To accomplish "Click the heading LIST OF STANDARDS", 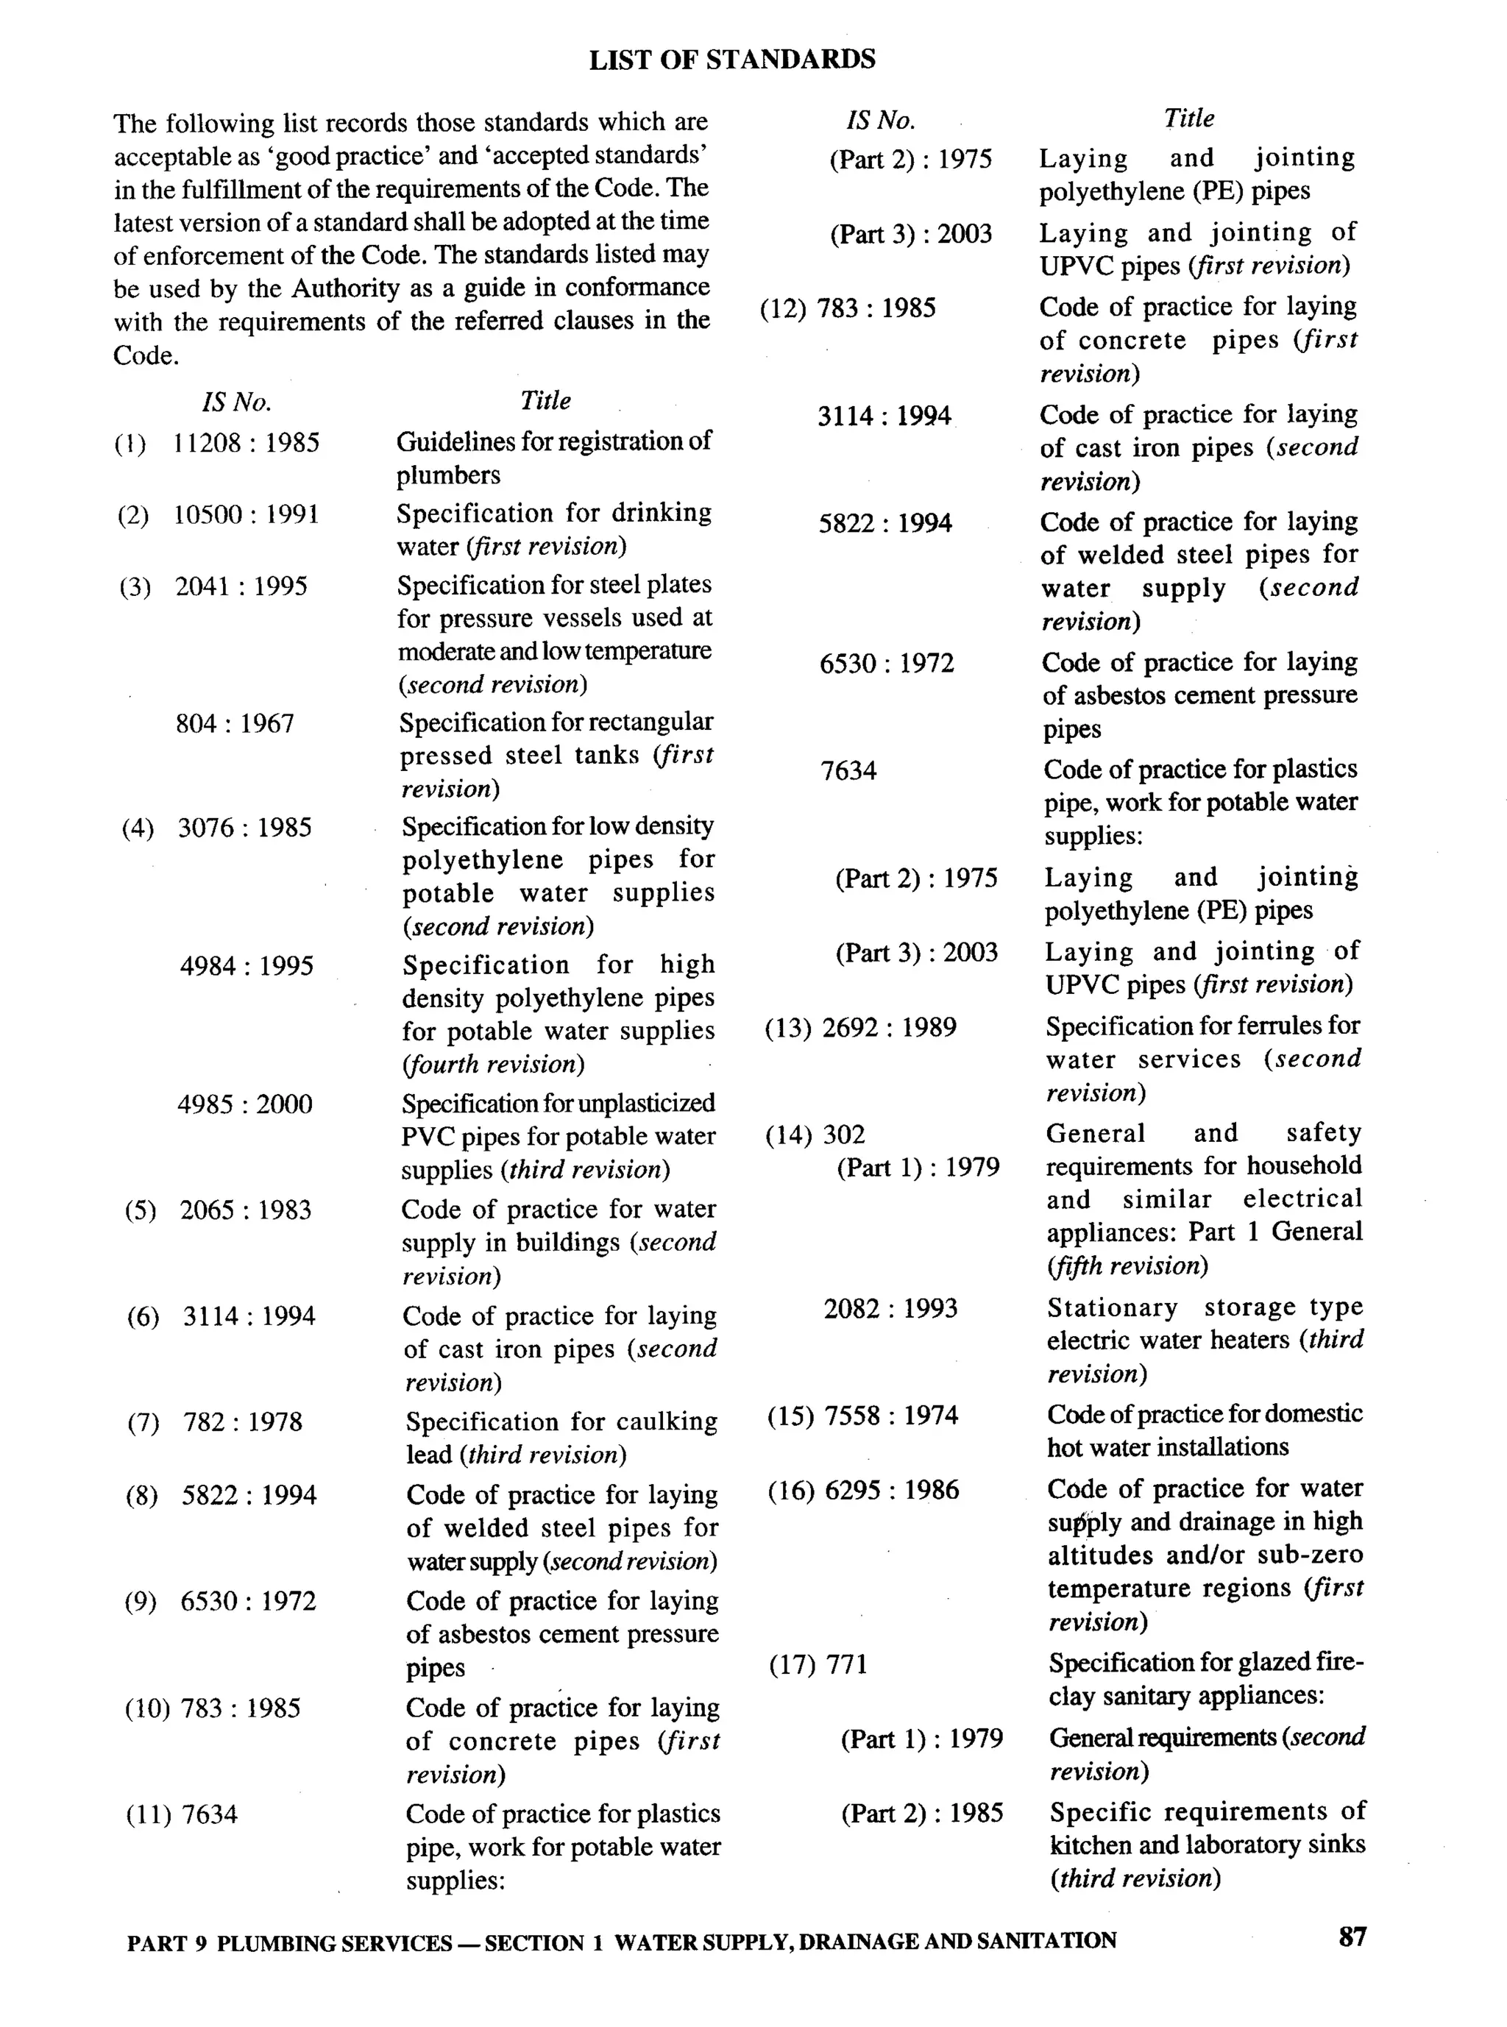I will [x=731, y=60].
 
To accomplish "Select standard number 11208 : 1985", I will [x=247, y=444].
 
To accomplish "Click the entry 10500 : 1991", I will [x=247, y=514].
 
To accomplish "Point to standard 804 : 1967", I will [x=235, y=723].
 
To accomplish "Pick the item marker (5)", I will [x=141, y=1210].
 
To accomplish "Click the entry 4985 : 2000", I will [x=244, y=1104].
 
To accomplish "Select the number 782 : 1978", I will [x=243, y=1422].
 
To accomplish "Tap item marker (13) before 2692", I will [x=788, y=1028].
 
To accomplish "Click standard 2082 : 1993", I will [x=890, y=1309].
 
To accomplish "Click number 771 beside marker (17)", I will [x=845, y=1665].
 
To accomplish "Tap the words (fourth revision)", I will [x=492, y=1064].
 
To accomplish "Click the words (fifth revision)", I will [x=1127, y=1265].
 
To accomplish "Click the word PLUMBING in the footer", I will [x=275, y=1943].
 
